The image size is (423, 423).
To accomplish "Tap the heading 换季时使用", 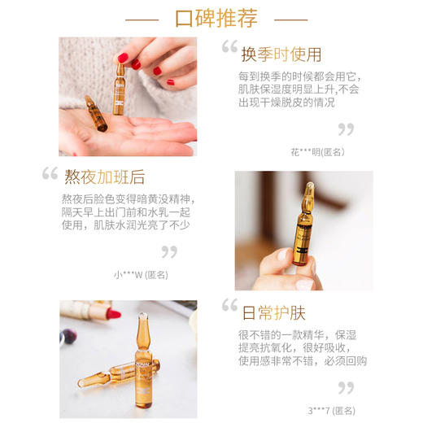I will coord(281,55).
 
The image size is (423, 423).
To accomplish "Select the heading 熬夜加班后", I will coord(104,177).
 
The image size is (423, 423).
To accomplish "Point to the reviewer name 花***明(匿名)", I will coord(316,151).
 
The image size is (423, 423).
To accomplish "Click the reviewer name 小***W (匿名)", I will coord(141,274).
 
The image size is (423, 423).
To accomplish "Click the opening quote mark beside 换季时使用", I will coord(229,48).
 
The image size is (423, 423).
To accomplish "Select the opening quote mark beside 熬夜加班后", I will coord(50,173).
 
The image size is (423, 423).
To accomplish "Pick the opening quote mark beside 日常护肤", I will coord(229,307).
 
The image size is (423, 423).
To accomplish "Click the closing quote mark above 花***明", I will coord(346,129).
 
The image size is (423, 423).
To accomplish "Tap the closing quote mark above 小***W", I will coord(168,251).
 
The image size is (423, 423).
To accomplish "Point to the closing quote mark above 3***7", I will coord(346,388).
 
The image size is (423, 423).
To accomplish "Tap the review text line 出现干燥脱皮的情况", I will coord(288,102).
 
